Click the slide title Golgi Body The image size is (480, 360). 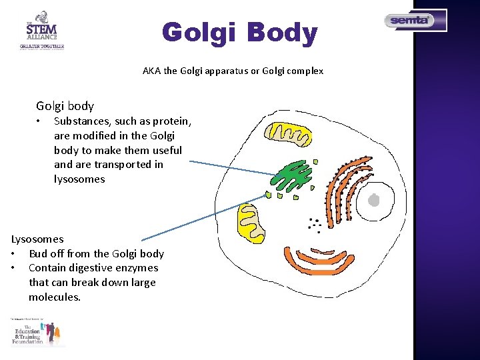(x=240, y=33)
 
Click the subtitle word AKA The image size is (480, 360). (x=151, y=71)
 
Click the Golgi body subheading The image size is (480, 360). (x=65, y=106)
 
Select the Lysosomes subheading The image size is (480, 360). (x=37, y=239)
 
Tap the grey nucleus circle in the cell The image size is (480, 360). (x=374, y=199)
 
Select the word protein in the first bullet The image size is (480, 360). (x=172, y=121)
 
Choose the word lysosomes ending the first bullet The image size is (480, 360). (x=79, y=179)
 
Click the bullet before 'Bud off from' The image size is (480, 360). (x=13, y=254)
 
